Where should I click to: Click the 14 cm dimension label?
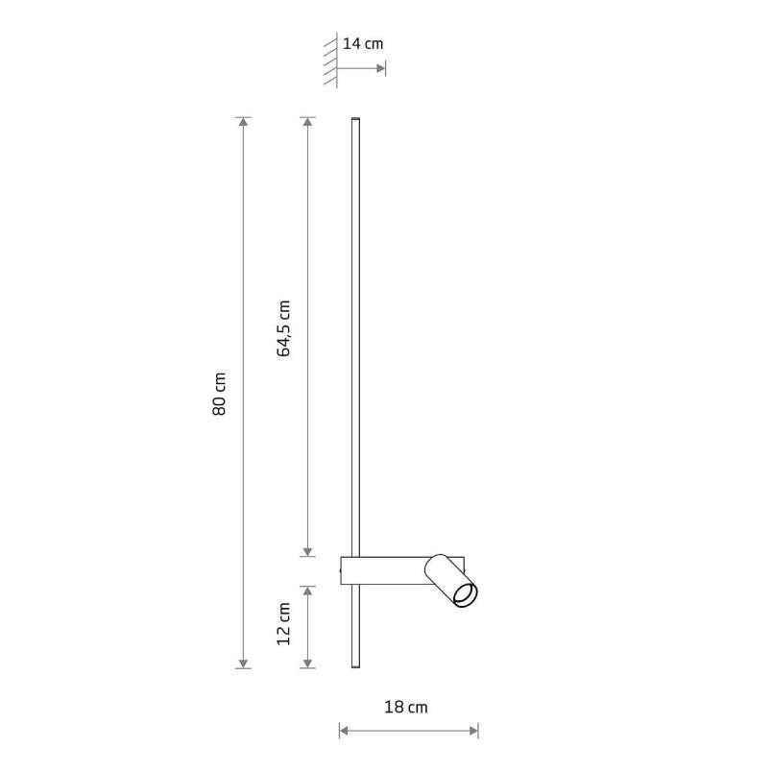363,44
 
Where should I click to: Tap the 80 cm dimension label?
219,394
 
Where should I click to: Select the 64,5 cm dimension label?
283,328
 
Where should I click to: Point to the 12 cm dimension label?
283,624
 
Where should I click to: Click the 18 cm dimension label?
406,708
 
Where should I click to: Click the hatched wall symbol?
331,60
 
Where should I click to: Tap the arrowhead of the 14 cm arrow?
380,68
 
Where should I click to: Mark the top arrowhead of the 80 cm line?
243,122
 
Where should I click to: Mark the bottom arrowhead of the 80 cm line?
243,663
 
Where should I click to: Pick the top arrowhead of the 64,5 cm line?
307,122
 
